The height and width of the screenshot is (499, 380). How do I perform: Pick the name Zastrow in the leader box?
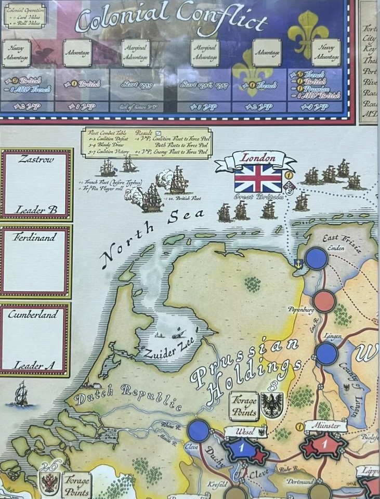[36, 160]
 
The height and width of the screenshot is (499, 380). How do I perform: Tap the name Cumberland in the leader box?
[36, 314]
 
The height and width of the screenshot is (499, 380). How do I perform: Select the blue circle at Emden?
[316, 258]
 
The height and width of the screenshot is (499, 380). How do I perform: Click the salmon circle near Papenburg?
[324, 301]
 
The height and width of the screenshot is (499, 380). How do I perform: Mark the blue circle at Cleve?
[199, 431]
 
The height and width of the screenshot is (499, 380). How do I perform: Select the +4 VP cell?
[315, 107]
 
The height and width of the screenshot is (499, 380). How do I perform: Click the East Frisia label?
[340, 242]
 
